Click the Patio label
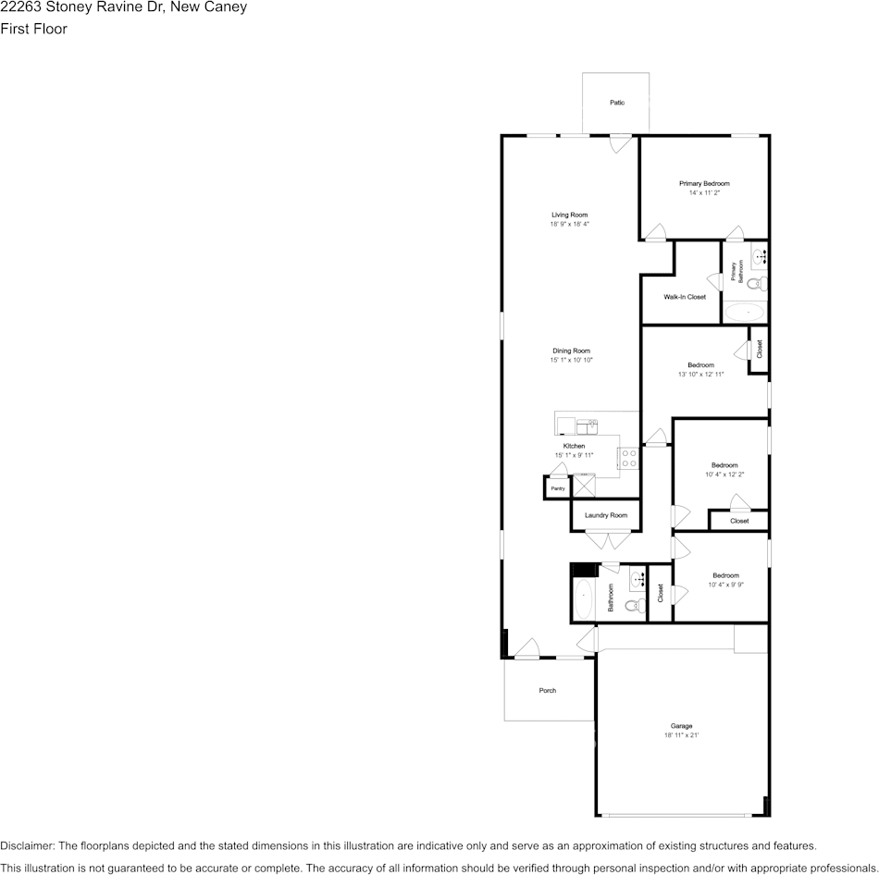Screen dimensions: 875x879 click(616, 103)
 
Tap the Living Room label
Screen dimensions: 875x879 click(569, 215)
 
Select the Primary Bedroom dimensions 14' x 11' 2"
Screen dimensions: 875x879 click(704, 193)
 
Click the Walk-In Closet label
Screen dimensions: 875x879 click(685, 297)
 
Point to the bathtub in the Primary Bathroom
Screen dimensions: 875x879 click(745, 313)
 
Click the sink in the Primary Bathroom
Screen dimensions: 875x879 click(759, 255)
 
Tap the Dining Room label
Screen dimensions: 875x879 click(571, 351)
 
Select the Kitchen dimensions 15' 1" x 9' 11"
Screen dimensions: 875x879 click(574, 455)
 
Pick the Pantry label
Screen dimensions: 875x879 click(557, 488)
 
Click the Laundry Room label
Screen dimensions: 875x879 click(606, 515)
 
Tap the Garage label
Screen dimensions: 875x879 click(681, 726)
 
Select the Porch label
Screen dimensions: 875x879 click(548, 690)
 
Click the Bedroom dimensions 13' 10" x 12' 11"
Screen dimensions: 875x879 click(700, 375)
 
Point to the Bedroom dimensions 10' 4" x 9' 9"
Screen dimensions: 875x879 click(725, 585)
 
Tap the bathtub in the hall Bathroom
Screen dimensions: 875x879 click(583, 600)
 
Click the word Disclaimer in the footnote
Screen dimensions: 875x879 click(27, 845)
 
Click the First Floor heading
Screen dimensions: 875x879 click(33, 29)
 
